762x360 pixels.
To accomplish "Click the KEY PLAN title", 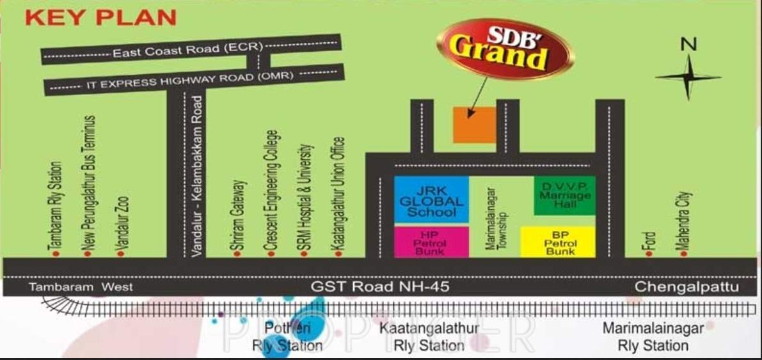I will pos(100,17).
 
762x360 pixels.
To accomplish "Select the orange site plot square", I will pos(475,125).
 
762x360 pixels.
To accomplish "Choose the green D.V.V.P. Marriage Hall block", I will pos(564,194).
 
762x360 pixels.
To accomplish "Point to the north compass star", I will pos(688,77).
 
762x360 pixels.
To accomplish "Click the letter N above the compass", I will pos(688,43).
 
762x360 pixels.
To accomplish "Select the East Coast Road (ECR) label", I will pos(185,51).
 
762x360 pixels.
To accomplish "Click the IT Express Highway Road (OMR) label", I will pos(189,80).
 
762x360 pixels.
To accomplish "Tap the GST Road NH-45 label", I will pos(380,287).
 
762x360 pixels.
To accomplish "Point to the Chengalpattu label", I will pos(686,287).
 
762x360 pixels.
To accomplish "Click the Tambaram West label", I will pos(81,287).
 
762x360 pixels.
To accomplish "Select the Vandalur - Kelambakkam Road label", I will pos(198,176).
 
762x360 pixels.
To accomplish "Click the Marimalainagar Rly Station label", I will pos(653,337).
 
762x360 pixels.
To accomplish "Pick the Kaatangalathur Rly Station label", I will pos(429,337).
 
